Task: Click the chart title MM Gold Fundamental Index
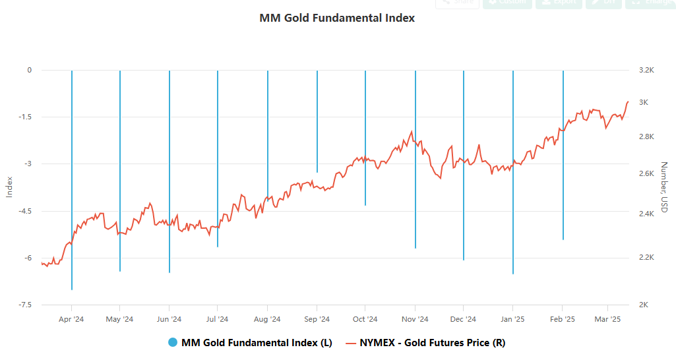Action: pyautogui.click(x=337, y=18)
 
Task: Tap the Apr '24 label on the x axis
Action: pyautogui.click(x=71, y=319)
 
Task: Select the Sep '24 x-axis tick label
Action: pyautogui.click(x=317, y=319)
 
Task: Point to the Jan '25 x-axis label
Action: pyautogui.click(x=512, y=319)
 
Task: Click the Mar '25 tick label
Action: pyautogui.click(x=607, y=319)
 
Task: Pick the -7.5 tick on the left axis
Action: pyautogui.click(x=24, y=305)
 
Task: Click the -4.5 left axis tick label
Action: pyautogui.click(x=24, y=211)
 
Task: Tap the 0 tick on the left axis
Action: pyautogui.click(x=29, y=70)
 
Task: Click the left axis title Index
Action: pyautogui.click(x=9, y=187)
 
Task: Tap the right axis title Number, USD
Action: pyautogui.click(x=663, y=187)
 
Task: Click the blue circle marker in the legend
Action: pyautogui.click(x=173, y=342)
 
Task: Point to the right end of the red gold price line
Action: pyautogui.click(x=628, y=102)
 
